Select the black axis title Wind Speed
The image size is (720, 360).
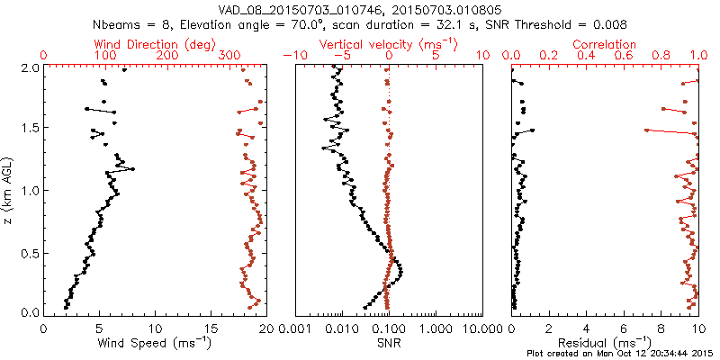(155, 344)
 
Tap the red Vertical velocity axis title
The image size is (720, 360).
(389, 44)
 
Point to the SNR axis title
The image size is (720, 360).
(389, 343)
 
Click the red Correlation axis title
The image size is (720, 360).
(605, 44)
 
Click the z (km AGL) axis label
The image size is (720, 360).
(8, 189)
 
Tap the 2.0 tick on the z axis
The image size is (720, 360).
(29, 67)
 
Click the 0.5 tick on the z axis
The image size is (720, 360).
(29, 252)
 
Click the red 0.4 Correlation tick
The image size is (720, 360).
(587, 56)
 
